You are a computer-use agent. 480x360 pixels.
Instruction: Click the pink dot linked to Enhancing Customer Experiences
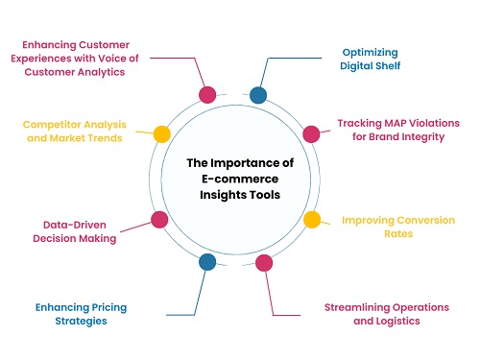tap(206, 94)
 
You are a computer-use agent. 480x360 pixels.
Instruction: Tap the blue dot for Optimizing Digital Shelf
tap(258, 94)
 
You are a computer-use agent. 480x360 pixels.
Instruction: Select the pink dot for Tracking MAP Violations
tap(311, 133)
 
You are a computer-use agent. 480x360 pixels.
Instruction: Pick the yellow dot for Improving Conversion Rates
tap(311, 220)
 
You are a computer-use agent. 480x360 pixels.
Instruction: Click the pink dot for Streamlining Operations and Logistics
tap(264, 261)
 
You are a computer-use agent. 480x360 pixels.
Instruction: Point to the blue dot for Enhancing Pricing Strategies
tap(206, 261)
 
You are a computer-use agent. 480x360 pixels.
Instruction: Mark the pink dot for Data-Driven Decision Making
tap(159, 220)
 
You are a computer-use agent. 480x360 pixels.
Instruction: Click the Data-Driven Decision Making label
tap(81, 230)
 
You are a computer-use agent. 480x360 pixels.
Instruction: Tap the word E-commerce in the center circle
tap(234, 180)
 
